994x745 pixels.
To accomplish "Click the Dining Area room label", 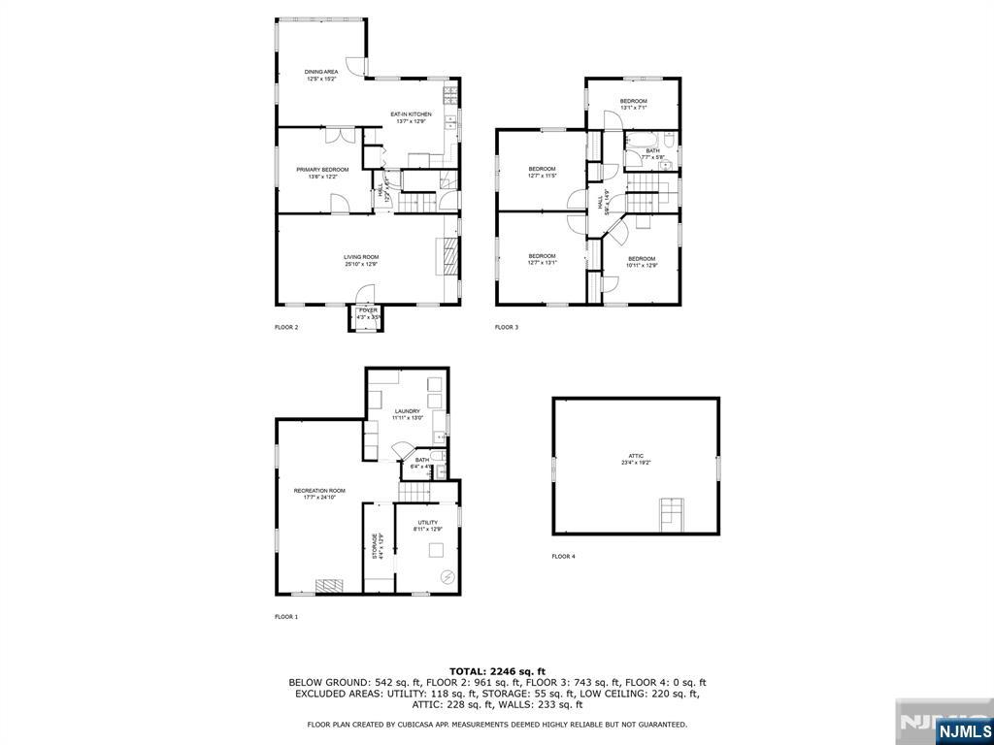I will click(x=320, y=75).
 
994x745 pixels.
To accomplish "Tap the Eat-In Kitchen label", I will click(x=411, y=117).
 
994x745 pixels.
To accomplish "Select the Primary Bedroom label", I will click(x=322, y=173).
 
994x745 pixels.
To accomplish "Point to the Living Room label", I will click(x=360, y=260).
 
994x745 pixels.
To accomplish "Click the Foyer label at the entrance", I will click(x=367, y=313).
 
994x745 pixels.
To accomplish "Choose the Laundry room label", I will click(x=407, y=414).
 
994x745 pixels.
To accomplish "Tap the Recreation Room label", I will click(x=319, y=494).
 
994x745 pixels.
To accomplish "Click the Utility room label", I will click(x=428, y=526).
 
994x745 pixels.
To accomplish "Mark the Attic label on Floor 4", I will click(x=636, y=460).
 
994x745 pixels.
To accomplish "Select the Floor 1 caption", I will click(x=286, y=616).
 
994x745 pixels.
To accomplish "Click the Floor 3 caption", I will click(x=507, y=327).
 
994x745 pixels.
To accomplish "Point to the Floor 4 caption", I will click(x=563, y=556).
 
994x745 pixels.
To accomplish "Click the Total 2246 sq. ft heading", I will click(x=497, y=671).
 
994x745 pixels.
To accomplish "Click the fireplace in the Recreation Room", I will click(x=329, y=585).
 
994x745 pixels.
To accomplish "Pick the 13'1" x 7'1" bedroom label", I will click(x=634, y=104).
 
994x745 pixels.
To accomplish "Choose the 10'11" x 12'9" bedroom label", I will click(x=642, y=261).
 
